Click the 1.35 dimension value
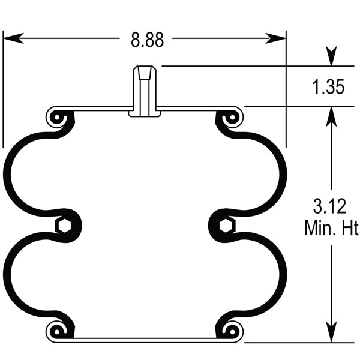point(328,88)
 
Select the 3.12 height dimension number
point(329,208)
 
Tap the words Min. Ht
point(329,228)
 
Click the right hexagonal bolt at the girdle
point(226,225)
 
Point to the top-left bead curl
point(58,118)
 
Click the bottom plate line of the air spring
point(144,340)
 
